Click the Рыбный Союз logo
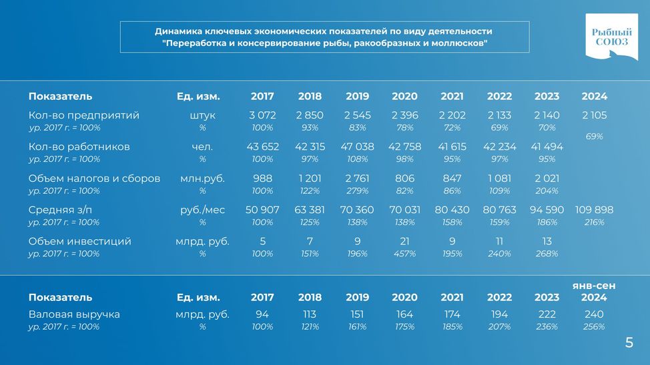[x=611, y=37]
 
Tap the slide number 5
[x=629, y=342]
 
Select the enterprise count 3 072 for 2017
[x=262, y=115]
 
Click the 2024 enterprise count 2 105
[x=594, y=115]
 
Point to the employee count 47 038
[x=357, y=147]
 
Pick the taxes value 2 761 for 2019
[x=357, y=179]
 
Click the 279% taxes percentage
[x=357, y=190]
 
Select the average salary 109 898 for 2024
[x=594, y=210]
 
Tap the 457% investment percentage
[x=404, y=254]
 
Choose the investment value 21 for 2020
[x=404, y=241]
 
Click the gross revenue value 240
[x=594, y=314]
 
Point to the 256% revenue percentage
[x=594, y=326]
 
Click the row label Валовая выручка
[x=74, y=314]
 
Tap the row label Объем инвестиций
[x=79, y=241]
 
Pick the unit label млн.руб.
[x=202, y=179]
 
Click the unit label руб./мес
[x=202, y=210]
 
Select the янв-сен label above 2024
[x=594, y=286]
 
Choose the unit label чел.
[x=202, y=147]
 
